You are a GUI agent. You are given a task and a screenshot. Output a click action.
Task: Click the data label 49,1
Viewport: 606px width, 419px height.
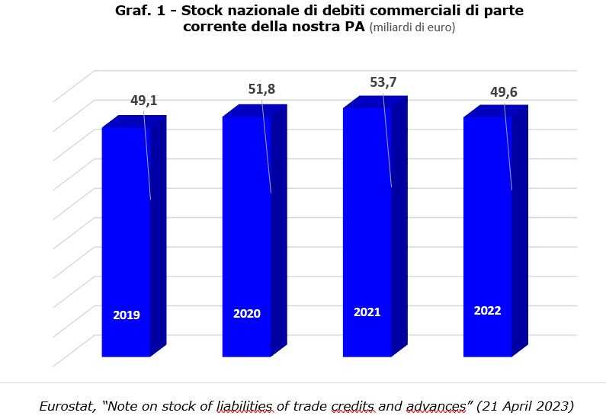point(143,100)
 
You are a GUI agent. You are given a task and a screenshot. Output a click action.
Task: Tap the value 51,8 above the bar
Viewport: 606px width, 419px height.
point(261,90)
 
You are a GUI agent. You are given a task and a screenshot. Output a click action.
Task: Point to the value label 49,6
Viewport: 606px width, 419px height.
point(503,92)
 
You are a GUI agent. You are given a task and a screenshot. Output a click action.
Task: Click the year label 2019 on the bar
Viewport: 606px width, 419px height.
point(127,315)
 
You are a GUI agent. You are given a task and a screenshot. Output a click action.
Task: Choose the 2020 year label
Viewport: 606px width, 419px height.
point(247,314)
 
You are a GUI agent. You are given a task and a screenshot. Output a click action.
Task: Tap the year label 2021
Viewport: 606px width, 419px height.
point(367,312)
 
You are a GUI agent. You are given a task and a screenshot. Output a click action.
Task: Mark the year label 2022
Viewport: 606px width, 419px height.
point(488,311)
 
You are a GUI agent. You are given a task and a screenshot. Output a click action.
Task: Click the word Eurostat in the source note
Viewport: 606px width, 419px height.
point(69,405)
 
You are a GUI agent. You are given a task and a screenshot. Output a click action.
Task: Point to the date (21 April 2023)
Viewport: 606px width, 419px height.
point(524,405)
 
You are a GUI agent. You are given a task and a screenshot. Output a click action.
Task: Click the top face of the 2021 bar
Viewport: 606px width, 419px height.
point(375,102)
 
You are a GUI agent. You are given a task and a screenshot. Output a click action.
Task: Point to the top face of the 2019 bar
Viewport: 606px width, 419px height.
point(134,122)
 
